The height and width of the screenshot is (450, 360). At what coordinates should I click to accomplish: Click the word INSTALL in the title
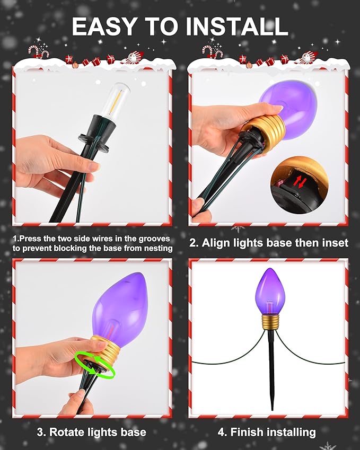point(237,27)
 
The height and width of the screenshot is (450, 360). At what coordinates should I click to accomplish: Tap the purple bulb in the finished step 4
point(269,292)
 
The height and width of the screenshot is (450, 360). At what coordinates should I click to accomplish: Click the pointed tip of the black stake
point(272,410)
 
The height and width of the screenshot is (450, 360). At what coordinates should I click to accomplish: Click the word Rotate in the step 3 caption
point(67,432)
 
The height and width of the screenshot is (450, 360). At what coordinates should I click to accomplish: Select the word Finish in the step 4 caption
point(247,432)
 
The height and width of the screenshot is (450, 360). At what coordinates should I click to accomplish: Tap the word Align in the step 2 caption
point(216,243)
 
